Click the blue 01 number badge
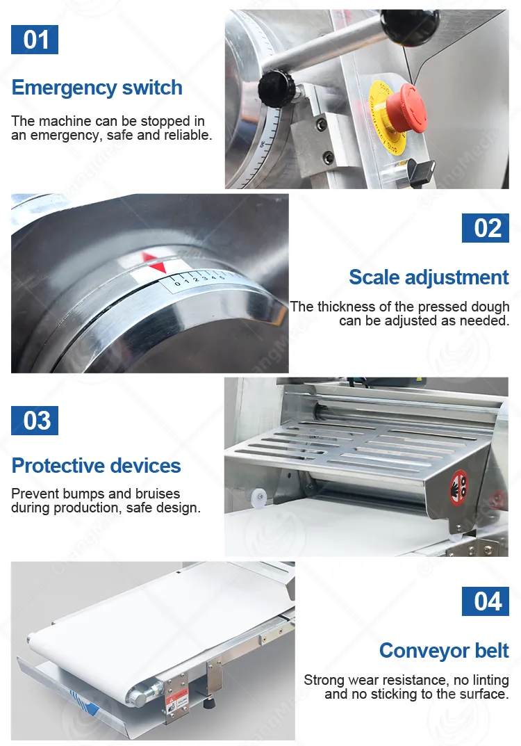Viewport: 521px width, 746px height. click(35, 39)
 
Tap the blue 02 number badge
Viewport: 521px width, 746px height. click(486, 227)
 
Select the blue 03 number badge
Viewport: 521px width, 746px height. click(35, 421)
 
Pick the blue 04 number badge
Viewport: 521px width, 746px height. click(486, 601)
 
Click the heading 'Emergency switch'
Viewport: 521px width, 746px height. click(97, 88)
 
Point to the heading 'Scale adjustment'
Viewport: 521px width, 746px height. click(429, 277)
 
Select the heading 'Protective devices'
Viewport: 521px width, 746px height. click(97, 465)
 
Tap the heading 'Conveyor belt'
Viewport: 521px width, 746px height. click(444, 651)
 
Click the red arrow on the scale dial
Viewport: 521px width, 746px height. click(154, 263)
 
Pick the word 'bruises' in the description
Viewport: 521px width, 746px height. click(157, 494)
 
